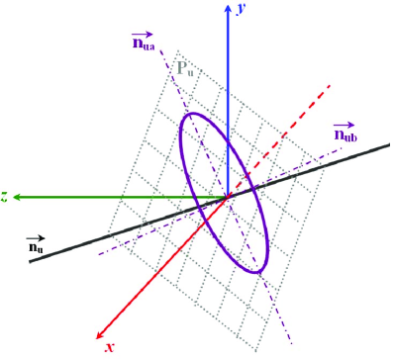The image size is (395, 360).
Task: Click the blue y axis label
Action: pyautogui.click(x=241, y=8)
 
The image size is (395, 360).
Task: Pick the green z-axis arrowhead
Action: pyautogui.click(x=18, y=196)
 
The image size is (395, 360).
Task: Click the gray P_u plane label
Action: pyautogui.click(x=185, y=69)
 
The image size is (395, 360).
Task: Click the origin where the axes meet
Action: pyautogui.click(x=229, y=196)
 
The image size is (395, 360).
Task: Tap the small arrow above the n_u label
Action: pyautogui.click(x=36, y=238)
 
